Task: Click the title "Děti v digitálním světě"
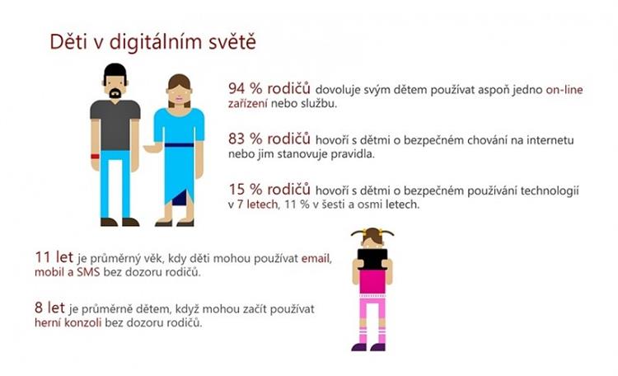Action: pyautogui.click(x=153, y=42)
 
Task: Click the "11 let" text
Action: pyautogui.click(x=54, y=257)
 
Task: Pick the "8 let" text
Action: pyautogui.click(x=49, y=308)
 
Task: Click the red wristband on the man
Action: pyautogui.click(x=95, y=157)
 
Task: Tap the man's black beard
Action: pyautogui.click(x=115, y=93)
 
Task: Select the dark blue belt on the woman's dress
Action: pyautogui.click(x=179, y=145)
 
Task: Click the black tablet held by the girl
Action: pyautogui.click(x=372, y=259)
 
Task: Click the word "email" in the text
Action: pyautogui.click(x=316, y=259)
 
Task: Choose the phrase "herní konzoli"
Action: pyautogui.click(x=68, y=322)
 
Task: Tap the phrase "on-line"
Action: pyautogui.click(x=564, y=90)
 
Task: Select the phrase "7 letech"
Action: pyautogui.click(x=257, y=204)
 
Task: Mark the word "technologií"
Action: pyautogui.click(x=550, y=191)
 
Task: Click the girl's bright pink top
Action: pyautogui.click(x=372, y=281)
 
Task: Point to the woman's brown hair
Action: pyautogui.click(x=179, y=89)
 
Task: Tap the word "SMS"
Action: pyautogui.click(x=88, y=272)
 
